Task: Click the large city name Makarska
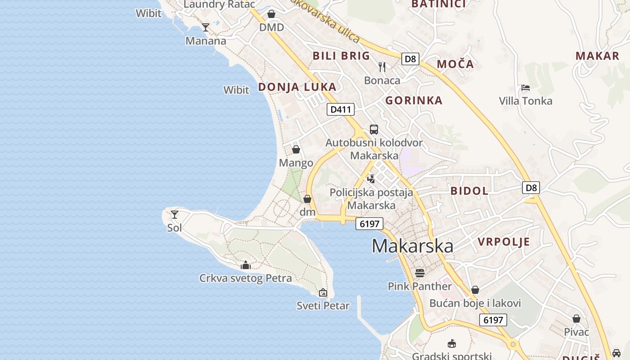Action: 412,246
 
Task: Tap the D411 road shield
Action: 340,109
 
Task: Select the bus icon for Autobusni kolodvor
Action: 373,130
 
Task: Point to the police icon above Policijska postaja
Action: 371,179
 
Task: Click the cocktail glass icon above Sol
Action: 175,215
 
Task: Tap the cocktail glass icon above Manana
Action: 206,27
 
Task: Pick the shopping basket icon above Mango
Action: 296,149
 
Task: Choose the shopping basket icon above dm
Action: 307,199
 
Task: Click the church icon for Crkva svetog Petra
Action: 245,265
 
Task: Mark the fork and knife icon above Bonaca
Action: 382,67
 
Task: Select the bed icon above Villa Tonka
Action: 525,88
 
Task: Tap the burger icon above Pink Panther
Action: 419,273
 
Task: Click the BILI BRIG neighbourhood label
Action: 341,56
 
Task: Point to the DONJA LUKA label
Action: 297,87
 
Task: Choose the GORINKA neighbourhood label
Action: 414,100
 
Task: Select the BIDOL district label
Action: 469,191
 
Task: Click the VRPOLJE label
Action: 504,242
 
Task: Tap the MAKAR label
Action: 597,56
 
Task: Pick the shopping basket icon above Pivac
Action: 576,319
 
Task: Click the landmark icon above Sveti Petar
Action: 323,292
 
